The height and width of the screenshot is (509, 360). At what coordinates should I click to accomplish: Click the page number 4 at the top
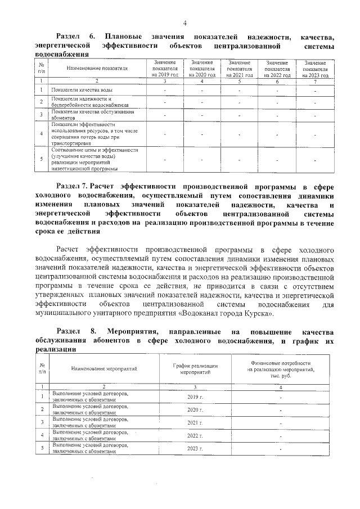coord(183,22)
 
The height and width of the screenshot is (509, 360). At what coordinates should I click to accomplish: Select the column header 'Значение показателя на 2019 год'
coord(164,68)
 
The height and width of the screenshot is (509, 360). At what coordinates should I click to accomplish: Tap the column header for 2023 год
coord(315,68)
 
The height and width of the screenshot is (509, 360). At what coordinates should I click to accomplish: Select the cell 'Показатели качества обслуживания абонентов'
coord(88,115)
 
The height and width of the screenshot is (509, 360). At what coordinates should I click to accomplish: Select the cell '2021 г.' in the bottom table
coord(195,422)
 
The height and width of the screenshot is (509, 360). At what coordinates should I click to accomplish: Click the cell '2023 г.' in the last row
coord(195,448)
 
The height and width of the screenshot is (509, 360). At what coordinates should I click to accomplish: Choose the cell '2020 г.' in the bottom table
coord(195,409)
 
